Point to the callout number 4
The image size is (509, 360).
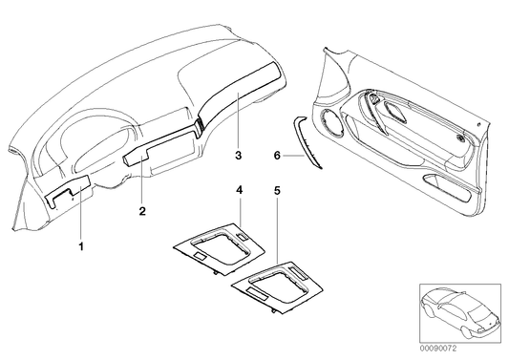[x=240, y=192]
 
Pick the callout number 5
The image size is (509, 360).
[x=277, y=192]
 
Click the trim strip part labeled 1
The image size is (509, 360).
[x=66, y=195]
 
